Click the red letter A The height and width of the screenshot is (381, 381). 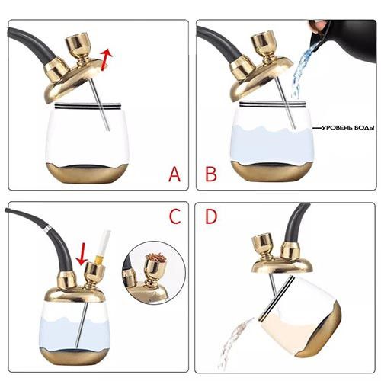tap(174, 174)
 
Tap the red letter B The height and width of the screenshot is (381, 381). tap(211, 174)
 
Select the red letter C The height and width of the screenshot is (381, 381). tap(175, 216)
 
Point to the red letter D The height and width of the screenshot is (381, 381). tap(211, 216)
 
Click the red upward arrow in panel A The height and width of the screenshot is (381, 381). tap(106, 59)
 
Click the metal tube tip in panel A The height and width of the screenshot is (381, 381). tap(108, 130)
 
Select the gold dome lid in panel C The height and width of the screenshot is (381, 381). tap(75, 294)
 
